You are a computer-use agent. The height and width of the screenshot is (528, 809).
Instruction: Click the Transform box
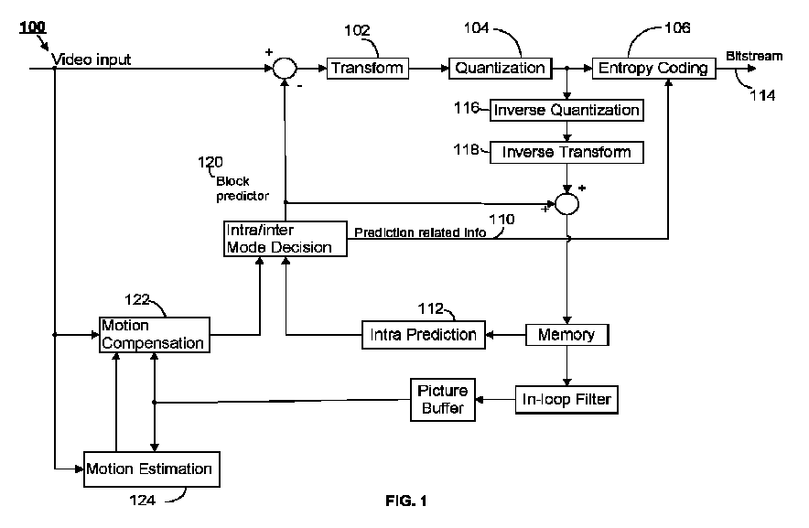click(367, 68)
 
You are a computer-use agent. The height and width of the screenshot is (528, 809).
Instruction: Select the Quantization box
click(501, 68)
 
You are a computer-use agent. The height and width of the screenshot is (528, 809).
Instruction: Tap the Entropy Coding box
click(652, 68)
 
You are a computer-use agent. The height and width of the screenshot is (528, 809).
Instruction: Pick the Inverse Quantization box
click(566, 110)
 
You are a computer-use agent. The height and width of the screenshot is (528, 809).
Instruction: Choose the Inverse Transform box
click(566, 151)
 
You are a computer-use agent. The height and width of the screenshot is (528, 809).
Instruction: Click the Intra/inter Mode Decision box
click(285, 238)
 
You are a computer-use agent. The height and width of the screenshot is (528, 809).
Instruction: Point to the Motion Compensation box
click(153, 335)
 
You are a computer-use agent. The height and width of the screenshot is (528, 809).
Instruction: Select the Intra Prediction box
click(422, 334)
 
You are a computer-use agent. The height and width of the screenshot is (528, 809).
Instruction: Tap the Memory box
click(566, 334)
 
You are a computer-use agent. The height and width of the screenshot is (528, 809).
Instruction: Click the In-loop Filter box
click(566, 399)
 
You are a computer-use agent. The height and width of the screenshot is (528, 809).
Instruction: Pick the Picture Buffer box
click(442, 400)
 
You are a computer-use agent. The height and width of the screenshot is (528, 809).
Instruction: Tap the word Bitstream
click(755, 56)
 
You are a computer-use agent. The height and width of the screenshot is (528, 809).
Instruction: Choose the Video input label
click(92, 59)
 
